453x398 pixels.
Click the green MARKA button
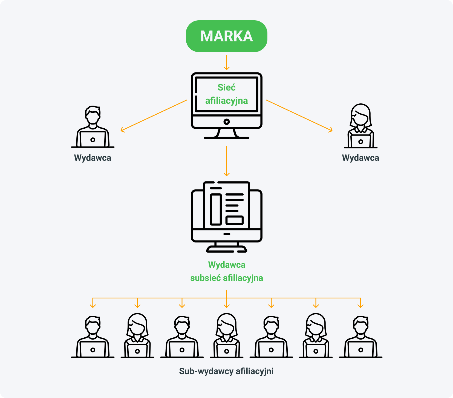tap(226, 36)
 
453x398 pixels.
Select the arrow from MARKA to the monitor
tap(226, 63)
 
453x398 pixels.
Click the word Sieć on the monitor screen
tap(226, 87)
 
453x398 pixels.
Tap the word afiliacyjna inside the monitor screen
tap(226, 101)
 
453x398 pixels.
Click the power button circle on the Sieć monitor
tap(226, 122)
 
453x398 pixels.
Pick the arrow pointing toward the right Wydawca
tap(299, 115)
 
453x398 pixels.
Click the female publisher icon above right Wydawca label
tap(360, 126)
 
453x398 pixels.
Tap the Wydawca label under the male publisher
tap(93, 158)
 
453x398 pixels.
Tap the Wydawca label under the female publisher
tap(360, 158)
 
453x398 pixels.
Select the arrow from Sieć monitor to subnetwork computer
tap(226, 161)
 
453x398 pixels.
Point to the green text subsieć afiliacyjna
tap(226, 278)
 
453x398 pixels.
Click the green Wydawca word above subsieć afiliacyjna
tap(226, 265)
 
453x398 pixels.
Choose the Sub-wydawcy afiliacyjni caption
tap(226, 371)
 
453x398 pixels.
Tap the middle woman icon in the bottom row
tap(226, 336)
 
